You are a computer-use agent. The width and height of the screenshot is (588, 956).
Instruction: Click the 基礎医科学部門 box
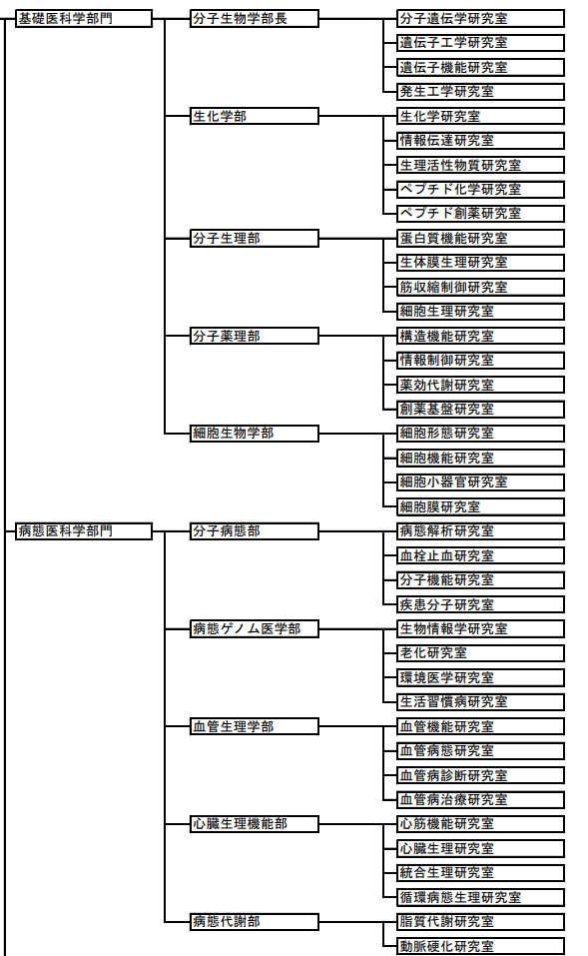click(x=84, y=19)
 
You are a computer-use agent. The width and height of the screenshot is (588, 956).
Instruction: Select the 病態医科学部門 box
click(x=84, y=531)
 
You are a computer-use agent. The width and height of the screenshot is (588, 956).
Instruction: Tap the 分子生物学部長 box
click(x=255, y=19)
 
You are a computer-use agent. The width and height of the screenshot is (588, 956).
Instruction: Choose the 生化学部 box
click(x=255, y=117)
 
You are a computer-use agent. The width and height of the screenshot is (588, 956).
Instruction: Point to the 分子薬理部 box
click(x=255, y=336)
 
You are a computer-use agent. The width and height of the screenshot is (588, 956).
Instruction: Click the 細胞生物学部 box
click(x=255, y=434)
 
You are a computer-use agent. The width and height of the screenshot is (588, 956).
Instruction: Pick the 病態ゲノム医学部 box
click(x=255, y=628)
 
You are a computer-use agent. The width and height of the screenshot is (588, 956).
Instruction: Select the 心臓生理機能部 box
click(x=255, y=824)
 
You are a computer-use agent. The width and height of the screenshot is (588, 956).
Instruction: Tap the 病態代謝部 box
click(x=255, y=922)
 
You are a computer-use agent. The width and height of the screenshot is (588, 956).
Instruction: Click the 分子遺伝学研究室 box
click(x=481, y=19)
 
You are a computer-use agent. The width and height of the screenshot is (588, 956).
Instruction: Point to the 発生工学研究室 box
click(x=481, y=92)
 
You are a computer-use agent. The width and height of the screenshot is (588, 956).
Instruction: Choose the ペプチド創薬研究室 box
click(x=481, y=214)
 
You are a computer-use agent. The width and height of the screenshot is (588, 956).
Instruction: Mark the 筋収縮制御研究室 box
click(x=481, y=287)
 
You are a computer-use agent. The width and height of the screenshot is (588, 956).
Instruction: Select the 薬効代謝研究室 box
click(x=481, y=385)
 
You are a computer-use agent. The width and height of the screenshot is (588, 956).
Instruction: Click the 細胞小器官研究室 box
click(x=481, y=482)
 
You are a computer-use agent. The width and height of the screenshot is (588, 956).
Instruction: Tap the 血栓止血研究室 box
click(x=481, y=555)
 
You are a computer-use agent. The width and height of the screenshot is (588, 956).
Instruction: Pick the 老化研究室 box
click(x=481, y=653)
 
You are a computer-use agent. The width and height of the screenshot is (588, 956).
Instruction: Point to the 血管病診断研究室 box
click(x=481, y=775)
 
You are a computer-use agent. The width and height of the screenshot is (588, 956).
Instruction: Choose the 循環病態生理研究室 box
click(x=481, y=897)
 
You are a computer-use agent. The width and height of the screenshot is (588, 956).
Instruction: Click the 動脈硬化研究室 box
click(x=481, y=946)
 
